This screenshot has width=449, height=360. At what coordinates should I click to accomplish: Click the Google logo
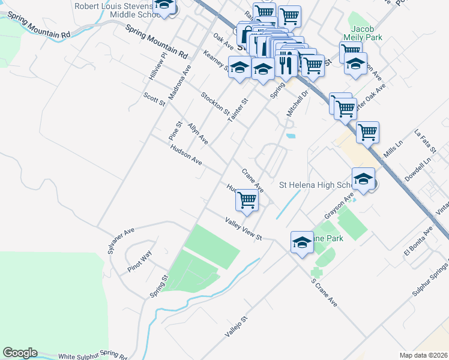click(20, 353)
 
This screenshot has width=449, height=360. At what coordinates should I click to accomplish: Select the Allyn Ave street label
click(197, 134)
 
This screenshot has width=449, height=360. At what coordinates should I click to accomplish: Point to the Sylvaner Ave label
click(120, 241)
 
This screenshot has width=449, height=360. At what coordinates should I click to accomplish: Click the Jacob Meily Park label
click(367, 32)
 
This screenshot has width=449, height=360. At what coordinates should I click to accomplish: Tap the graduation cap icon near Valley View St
click(302, 242)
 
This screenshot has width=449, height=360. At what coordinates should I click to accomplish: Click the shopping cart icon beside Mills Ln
click(367, 133)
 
